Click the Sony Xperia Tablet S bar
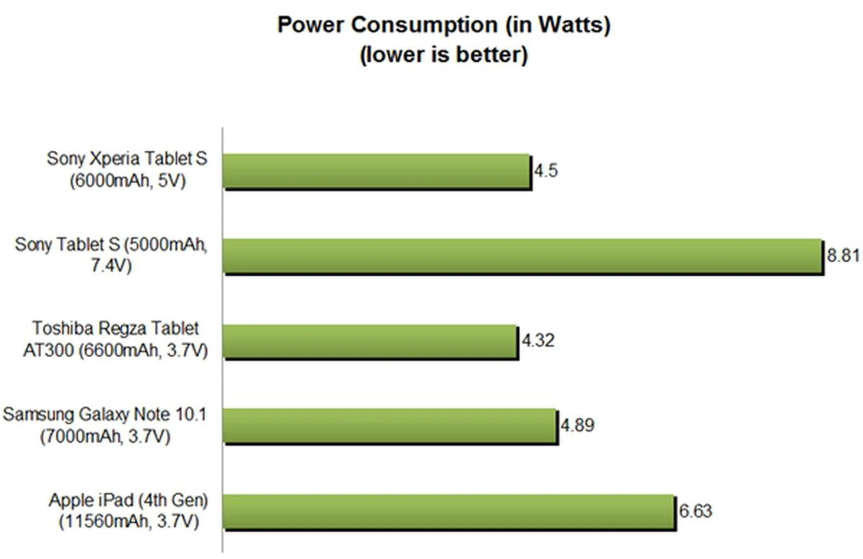coord(377,171)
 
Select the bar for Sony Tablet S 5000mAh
coord(522,255)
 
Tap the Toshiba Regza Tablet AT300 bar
coord(370,341)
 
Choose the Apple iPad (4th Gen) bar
coord(449,511)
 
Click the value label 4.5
coord(546,171)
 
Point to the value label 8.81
coord(843,255)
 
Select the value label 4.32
coord(538,341)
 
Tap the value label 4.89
coord(577,425)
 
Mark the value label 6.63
coord(695,511)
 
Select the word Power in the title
coord(311,25)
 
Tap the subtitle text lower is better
coord(444,55)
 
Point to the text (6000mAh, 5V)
coord(128,181)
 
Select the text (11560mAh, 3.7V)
coord(129,522)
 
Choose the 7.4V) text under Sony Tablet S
coord(111,266)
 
